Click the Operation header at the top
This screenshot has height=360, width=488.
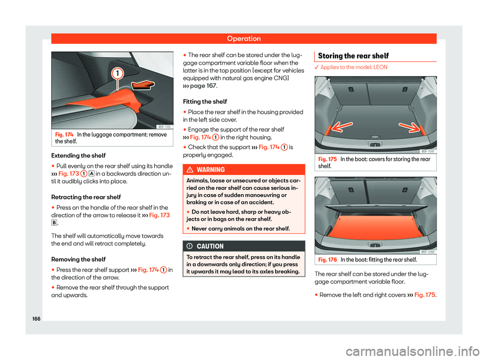[244, 39]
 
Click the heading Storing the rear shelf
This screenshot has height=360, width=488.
[347, 55]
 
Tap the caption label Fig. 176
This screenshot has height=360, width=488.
[325, 260]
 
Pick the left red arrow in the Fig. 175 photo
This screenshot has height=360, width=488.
[330, 130]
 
